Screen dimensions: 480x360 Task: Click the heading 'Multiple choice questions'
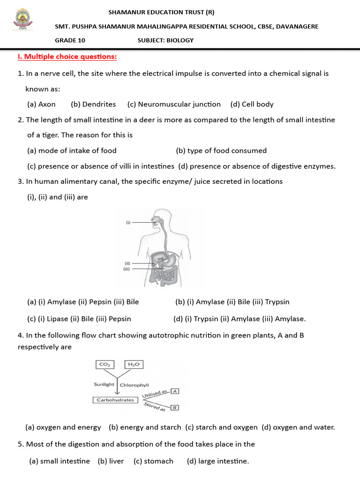67,57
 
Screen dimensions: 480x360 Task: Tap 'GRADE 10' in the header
70,40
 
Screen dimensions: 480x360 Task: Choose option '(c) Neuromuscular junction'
174,104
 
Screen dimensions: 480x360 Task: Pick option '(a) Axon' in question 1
41,104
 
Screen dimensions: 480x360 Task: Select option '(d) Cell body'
252,104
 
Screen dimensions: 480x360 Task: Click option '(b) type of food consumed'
221,150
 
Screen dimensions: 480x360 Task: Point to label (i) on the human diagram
127,223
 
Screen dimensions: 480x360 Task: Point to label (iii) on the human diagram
126,269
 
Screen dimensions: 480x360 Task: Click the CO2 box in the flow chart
104,364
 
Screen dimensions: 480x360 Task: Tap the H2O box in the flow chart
134,364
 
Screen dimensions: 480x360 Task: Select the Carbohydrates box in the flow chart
115,400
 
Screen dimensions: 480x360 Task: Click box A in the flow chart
174,391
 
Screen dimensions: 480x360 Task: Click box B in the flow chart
174,408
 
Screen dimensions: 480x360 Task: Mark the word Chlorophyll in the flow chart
135,385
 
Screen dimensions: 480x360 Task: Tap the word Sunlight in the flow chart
104,384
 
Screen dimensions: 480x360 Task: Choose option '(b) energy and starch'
145,427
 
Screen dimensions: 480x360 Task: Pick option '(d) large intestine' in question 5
217,461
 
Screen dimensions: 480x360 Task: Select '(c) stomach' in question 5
153,461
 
